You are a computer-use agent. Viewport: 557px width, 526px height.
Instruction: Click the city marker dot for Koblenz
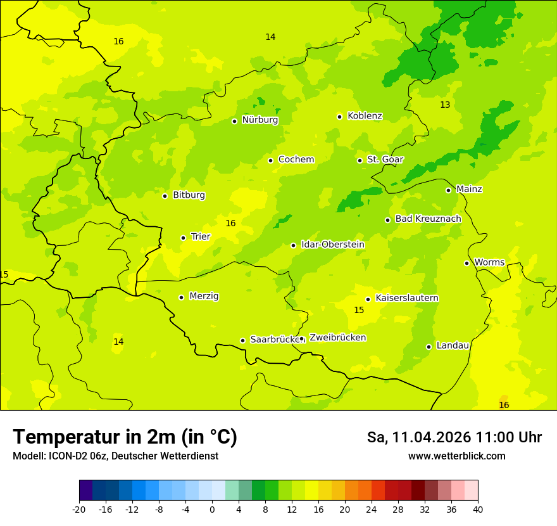tap(339, 117)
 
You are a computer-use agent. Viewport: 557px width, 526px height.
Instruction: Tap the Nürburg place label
tap(260, 120)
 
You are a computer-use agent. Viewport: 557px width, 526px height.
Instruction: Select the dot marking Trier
tap(183, 238)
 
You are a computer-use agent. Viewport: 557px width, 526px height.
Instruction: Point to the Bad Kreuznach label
tap(428, 219)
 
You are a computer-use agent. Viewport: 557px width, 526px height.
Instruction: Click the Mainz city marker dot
tap(448, 190)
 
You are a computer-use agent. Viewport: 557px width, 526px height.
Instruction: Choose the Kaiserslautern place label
tap(407, 298)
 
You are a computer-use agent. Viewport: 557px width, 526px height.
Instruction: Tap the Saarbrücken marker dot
tap(242, 340)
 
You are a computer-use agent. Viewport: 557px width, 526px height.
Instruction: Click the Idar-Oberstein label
tap(332, 245)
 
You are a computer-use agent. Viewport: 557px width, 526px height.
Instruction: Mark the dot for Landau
tap(429, 347)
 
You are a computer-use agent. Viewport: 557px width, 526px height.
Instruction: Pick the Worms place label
tap(489, 262)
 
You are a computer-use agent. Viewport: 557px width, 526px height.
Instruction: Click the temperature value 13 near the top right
tap(445, 105)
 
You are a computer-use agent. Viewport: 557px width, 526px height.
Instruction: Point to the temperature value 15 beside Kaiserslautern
tap(359, 310)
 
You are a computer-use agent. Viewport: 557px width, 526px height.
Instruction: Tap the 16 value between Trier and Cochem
tap(230, 223)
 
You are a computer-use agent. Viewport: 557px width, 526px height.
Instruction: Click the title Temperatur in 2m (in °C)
tap(125, 437)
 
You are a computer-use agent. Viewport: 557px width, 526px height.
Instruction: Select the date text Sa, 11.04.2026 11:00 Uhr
tap(454, 437)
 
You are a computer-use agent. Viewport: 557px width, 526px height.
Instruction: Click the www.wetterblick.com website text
tap(456, 456)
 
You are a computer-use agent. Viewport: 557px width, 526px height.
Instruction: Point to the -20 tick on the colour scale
tap(79, 509)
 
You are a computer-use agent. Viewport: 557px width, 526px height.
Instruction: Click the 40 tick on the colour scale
tap(478, 509)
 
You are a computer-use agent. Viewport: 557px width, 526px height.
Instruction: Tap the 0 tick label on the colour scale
tap(212, 509)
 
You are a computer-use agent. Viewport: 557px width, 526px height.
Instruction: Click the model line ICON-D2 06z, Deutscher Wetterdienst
tap(115, 456)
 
